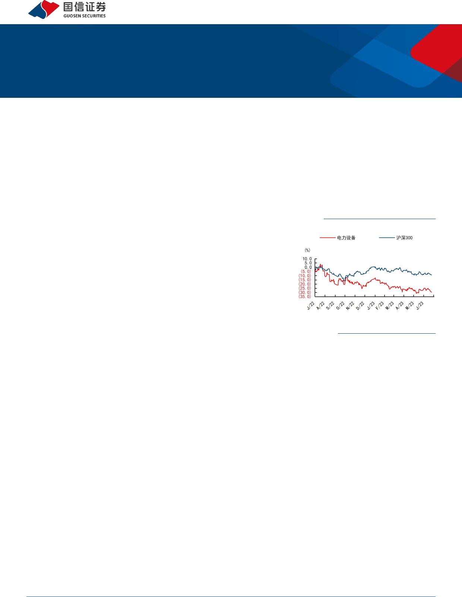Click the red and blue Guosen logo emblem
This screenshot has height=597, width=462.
pyautogui.click(x=44, y=10)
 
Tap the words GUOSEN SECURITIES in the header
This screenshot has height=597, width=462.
pyautogui.click(x=85, y=16)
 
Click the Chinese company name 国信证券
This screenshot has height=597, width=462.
pyautogui.click(x=85, y=7)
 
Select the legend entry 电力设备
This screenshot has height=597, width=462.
pyautogui.click(x=338, y=238)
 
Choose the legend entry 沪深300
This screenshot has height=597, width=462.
pyautogui.click(x=396, y=238)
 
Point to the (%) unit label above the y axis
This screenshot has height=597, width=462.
pyautogui.click(x=307, y=250)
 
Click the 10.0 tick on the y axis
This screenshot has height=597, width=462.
pyautogui.click(x=307, y=259)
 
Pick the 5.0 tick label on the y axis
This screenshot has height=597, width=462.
pyautogui.click(x=308, y=263)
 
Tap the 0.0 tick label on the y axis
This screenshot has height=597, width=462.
pyautogui.click(x=308, y=267)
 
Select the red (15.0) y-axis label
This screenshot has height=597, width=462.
pyautogui.click(x=305, y=280)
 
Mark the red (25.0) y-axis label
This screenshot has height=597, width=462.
pyautogui.click(x=305, y=288)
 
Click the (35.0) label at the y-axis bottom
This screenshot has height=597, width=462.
pyautogui.click(x=305, y=296)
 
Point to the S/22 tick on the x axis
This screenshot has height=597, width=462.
pyautogui.click(x=330, y=305)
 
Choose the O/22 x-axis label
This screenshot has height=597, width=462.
pyautogui.click(x=341, y=305)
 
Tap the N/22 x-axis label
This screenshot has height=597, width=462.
pyautogui.click(x=350, y=305)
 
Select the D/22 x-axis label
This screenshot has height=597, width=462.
pyautogui.click(x=360, y=305)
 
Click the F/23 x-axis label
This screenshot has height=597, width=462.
pyautogui.click(x=380, y=305)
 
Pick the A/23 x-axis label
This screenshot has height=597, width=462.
pyautogui.click(x=399, y=305)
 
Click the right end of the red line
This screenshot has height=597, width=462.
pyautogui.click(x=432, y=292)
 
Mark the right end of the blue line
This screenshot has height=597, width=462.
pyautogui.click(x=432, y=275)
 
